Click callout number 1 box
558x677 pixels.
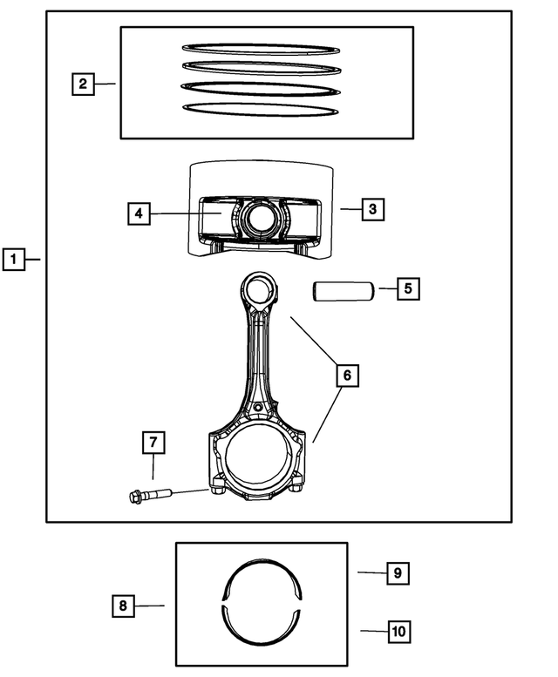click(x=13, y=259)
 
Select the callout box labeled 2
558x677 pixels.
click(x=82, y=84)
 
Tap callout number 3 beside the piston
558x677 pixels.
click(x=372, y=209)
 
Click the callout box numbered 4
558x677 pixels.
click(x=139, y=213)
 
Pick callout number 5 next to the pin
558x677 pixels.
click(x=409, y=288)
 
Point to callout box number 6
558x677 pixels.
click(x=346, y=376)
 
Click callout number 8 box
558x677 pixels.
click(x=125, y=605)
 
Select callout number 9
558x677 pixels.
click(x=397, y=573)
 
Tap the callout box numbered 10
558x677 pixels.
click(x=397, y=630)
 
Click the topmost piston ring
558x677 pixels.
click(x=259, y=49)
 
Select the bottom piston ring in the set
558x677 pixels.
click(x=259, y=109)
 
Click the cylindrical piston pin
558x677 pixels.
click(x=344, y=289)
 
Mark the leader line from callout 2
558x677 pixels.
click(x=105, y=84)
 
